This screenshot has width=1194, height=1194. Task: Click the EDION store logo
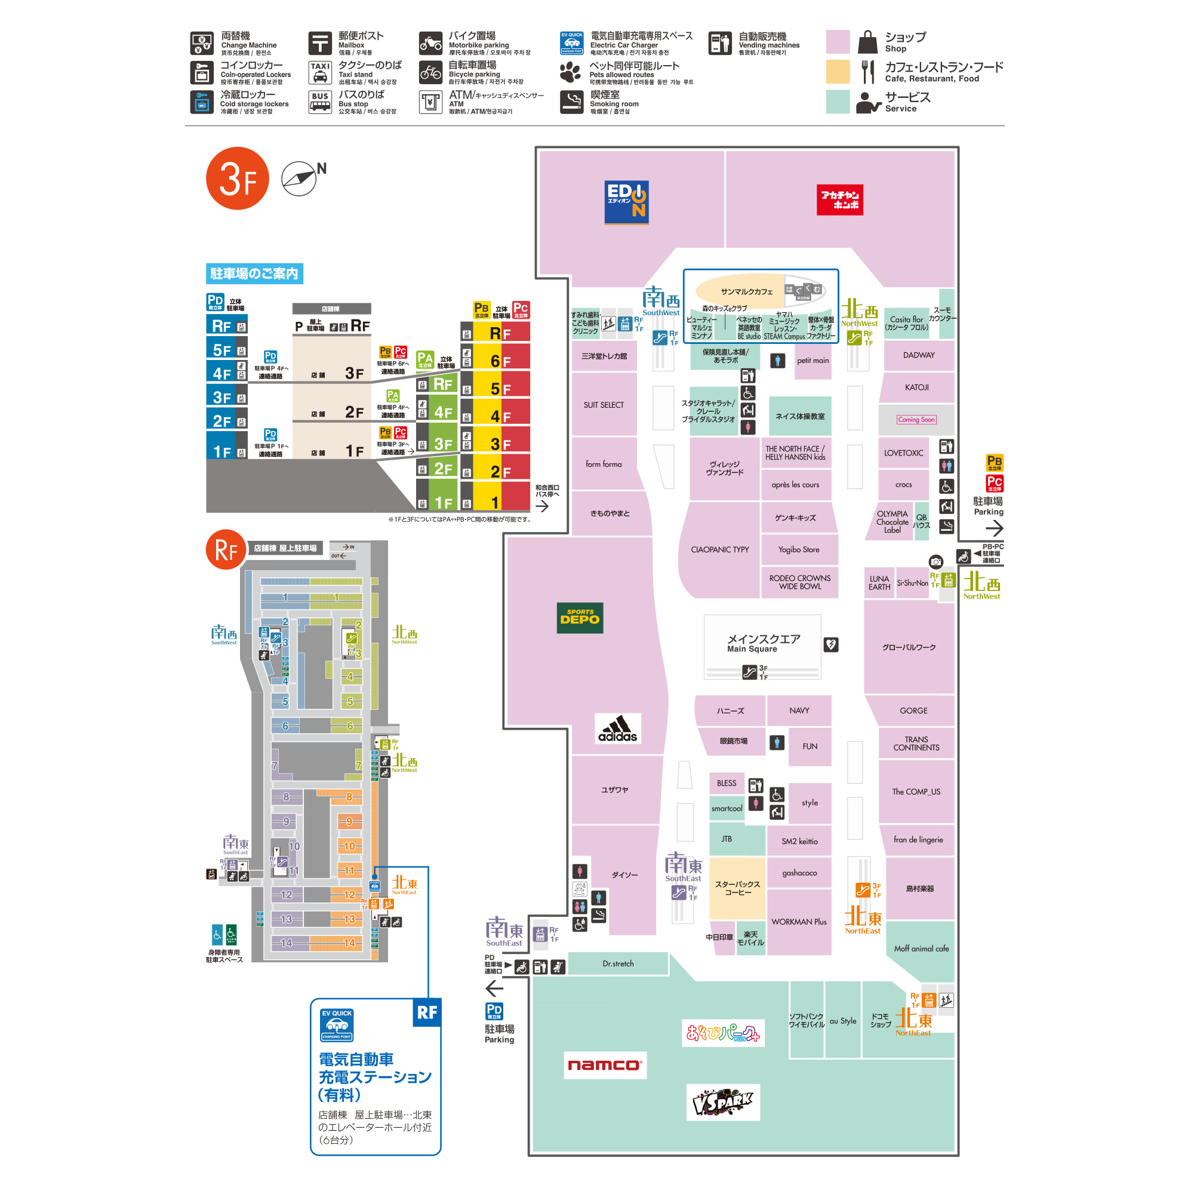pos(626,201)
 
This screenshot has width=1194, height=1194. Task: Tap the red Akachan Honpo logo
pos(839,199)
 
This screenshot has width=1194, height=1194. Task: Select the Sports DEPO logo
pos(580,617)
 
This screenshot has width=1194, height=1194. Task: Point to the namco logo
pos(604,1065)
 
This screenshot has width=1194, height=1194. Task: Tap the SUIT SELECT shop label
pos(603,405)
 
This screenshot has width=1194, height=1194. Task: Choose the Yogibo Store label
pos(798,549)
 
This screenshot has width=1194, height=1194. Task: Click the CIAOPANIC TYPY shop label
pos(719,549)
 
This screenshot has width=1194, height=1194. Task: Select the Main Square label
pos(762,643)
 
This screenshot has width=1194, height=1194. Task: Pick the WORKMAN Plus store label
pos(798,921)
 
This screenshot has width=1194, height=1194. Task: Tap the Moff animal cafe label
pos(921,948)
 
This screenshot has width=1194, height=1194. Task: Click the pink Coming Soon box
pos(916,420)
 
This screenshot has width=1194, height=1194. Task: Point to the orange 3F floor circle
pos(238,179)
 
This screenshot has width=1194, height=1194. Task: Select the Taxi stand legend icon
pos(320,72)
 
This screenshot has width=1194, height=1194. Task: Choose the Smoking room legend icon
pos(571,102)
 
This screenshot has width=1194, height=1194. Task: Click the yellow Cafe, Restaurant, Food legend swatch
pos(838,72)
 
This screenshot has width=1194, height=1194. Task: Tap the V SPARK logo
pos(722,1102)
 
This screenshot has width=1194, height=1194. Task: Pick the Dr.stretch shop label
pos(618,964)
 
